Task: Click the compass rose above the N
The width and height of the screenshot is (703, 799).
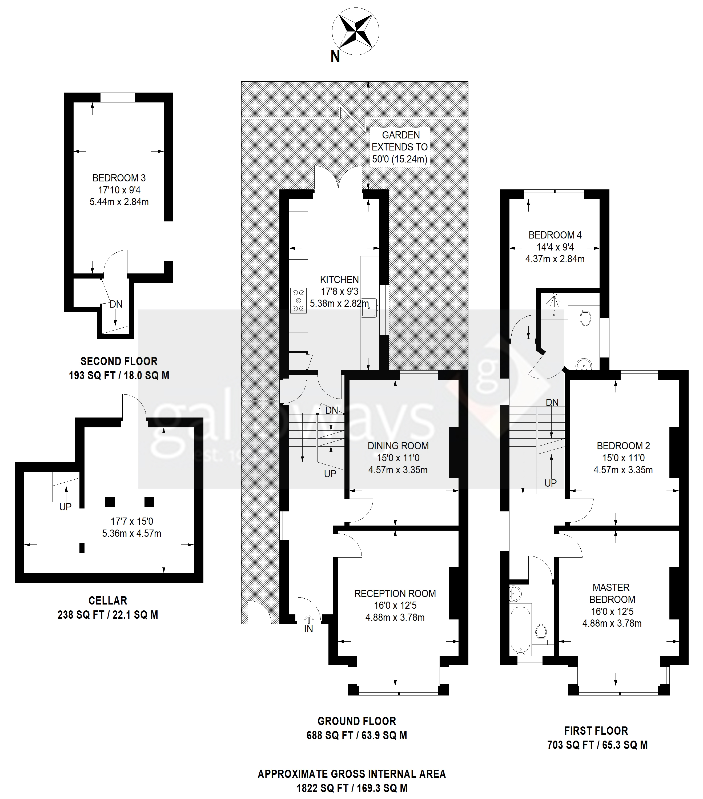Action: point(355,31)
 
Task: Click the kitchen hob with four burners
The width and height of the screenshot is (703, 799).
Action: point(299,300)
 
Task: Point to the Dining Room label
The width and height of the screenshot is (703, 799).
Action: point(398,446)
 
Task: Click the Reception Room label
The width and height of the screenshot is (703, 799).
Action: point(395,593)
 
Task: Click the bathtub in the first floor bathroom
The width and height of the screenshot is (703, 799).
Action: point(520,629)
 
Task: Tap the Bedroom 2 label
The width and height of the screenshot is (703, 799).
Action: point(623,446)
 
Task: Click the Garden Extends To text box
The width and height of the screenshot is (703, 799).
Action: point(400,147)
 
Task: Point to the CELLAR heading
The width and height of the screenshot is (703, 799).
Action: point(108,601)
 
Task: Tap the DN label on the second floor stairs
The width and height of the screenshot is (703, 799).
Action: point(116,304)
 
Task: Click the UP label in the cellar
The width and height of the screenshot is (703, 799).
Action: point(65,507)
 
